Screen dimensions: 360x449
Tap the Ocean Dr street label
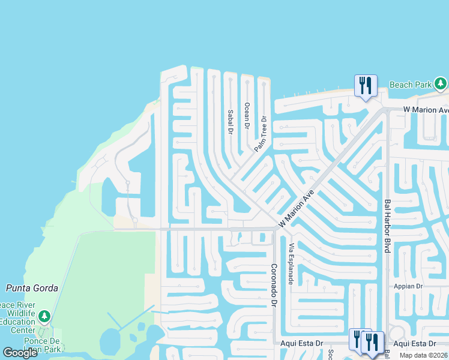[246, 115]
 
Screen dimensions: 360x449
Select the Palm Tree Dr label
[260, 134]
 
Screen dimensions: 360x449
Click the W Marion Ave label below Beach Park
[426, 110]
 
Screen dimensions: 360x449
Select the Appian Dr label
[409, 287]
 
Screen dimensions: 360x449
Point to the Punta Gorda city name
[32, 288]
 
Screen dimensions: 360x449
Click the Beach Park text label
[410, 85]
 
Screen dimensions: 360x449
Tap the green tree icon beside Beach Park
[441, 83]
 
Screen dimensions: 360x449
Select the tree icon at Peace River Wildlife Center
[43, 316]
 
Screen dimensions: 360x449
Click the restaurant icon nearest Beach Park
[365, 85]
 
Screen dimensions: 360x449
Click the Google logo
[20, 352]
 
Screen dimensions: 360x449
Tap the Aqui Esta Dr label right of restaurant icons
[415, 343]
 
